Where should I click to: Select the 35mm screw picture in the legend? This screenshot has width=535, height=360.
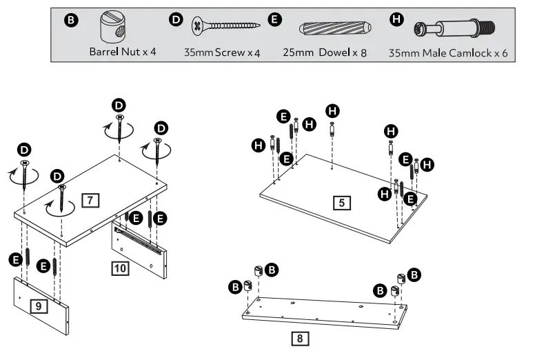pyautogui.click(x=225, y=27)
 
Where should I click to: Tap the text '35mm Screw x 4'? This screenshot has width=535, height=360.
pyautogui.click(x=221, y=52)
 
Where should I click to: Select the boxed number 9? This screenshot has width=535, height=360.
pyautogui.click(x=39, y=305)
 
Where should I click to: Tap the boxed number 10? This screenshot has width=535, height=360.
pyautogui.click(x=121, y=268)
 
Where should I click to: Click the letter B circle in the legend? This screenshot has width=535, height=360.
pyautogui.click(x=70, y=21)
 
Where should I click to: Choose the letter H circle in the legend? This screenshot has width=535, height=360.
pyautogui.click(x=396, y=20)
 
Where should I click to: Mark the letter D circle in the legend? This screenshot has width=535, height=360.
pyautogui.click(x=176, y=20)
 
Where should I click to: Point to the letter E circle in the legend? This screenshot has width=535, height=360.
pyautogui.click(x=275, y=20)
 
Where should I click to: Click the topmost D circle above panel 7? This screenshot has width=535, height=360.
pyautogui.click(x=119, y=105)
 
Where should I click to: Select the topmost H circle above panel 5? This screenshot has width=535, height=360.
pyautogui.click(x=332, y=110)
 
